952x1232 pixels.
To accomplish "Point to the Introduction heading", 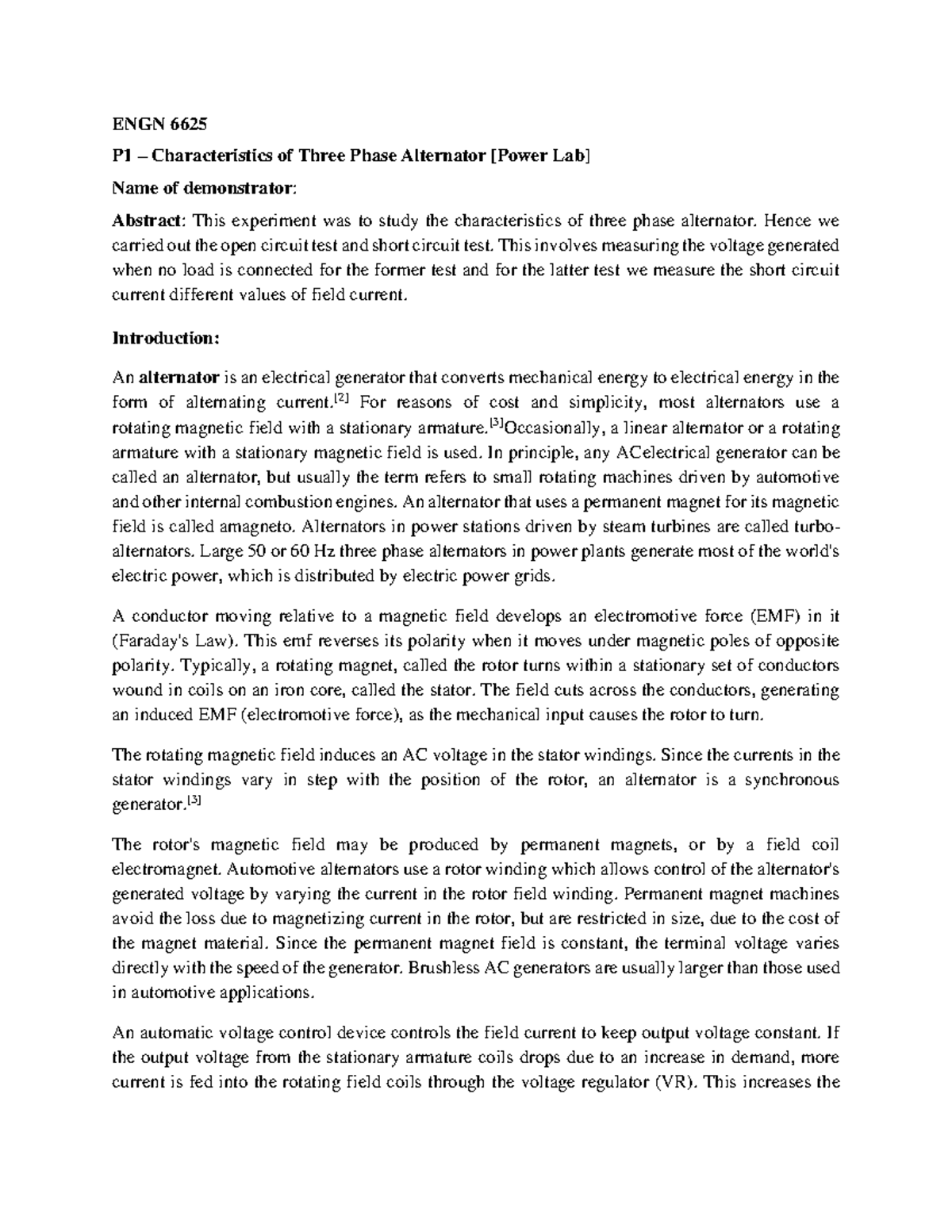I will [x=164, y=338].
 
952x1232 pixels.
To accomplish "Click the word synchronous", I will [x=790, y=780].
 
